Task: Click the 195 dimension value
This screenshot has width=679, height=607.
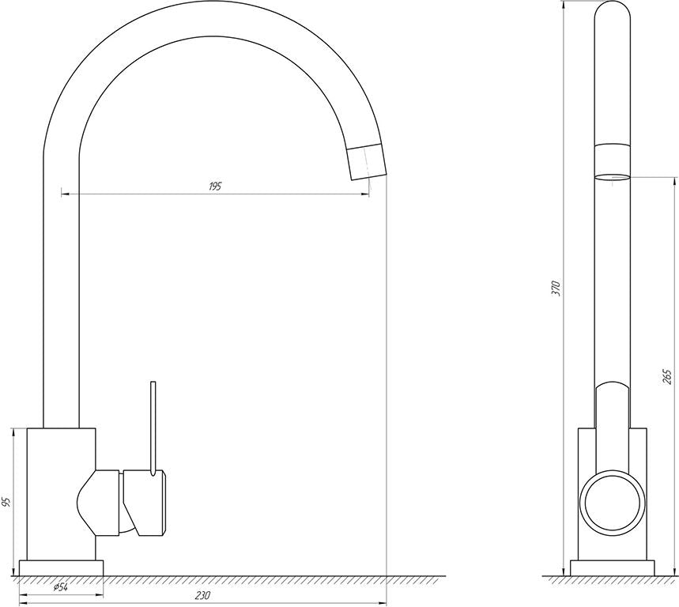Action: click(x=215, y=187)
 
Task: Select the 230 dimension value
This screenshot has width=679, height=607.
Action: click(x=202, y=595)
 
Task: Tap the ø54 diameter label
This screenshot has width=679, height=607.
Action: click(x=60, y=587)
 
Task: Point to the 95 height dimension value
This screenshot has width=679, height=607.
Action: click(x=6, y=502)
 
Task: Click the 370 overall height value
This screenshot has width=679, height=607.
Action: click(x=556, y=288)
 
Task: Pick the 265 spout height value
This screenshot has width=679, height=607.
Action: click(x=667, y=377)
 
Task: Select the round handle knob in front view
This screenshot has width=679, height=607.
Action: click(x=613, y=503)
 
